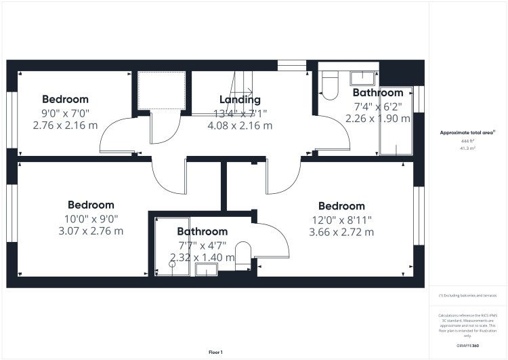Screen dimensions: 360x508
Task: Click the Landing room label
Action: [x=240, y=100]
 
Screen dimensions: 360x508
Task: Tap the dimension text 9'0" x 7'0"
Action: [x=65, y=113]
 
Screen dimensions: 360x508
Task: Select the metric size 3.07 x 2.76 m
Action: [x=91, y=231]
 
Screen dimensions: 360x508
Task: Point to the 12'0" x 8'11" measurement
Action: [x=341, y=219]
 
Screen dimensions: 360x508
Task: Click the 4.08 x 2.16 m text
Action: [x=240, y=125]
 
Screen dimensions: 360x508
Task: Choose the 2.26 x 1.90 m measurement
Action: [x=377, y=118]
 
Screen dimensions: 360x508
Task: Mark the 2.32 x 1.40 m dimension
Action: [x=202, y=257]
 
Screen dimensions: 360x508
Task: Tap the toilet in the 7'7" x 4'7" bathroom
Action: [x=245, y=254]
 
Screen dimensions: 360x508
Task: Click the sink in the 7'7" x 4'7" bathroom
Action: [x=205, y=271]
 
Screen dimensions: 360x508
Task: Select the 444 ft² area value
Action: [x=467, y=140]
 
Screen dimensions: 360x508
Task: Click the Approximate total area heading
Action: [x=467, y=132]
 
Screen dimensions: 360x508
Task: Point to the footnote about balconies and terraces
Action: [x=467, y=296]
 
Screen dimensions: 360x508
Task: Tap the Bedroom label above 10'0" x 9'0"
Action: [x=91, y=205]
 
